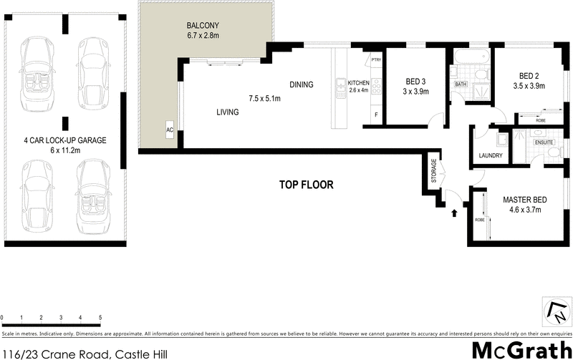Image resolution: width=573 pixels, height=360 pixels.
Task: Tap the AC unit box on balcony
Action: click(170, 130)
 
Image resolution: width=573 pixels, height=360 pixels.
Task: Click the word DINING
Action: click(302, 84)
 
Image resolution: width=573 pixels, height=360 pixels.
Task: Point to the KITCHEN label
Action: click(358, 83)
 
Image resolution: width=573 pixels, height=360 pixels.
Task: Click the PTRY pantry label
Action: click(375, 61)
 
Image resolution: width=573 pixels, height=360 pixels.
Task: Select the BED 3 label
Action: click(415, 82)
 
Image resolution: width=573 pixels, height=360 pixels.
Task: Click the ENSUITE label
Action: click(544, 142)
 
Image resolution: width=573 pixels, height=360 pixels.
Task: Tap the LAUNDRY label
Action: click(491, 155)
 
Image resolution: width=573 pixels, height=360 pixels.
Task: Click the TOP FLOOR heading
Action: click(307, 185)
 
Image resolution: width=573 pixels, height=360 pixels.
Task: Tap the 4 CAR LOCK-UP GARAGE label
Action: click(65, 141)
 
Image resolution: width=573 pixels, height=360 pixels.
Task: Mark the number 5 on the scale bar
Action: click(100, 316)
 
